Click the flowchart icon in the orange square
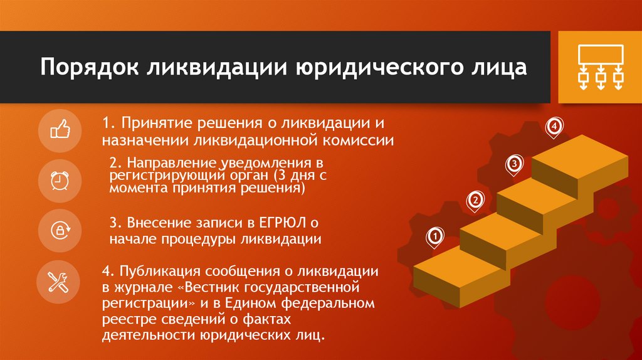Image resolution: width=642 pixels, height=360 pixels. (x=600, y=67)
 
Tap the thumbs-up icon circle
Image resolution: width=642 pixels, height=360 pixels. (x=60, y=130)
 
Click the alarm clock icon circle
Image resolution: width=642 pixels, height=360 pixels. (x=60, y=181)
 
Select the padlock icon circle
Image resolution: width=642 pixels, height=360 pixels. (x=60, y=230)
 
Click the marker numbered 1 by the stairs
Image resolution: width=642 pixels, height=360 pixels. (x=434, y=236)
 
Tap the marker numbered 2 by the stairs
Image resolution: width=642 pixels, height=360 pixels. (x=475, y=199)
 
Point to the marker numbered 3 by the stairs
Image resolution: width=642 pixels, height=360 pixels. (x=513, y=163)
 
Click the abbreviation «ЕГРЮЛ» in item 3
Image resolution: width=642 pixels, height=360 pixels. (x=283, y=222)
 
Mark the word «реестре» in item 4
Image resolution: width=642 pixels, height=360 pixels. (x=125, y=320)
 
